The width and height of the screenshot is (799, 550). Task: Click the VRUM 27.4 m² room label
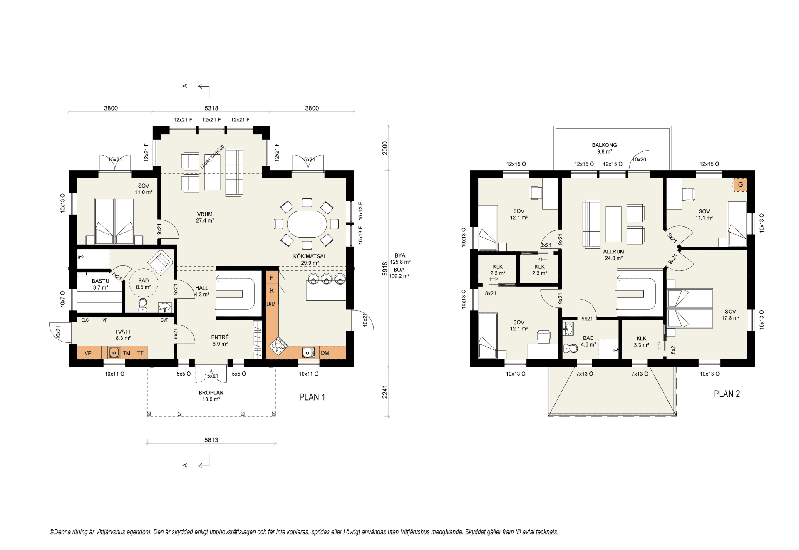pos(205,217)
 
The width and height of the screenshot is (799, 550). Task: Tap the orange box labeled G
pos(740,185)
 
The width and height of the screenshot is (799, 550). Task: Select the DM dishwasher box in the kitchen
pos(325,353)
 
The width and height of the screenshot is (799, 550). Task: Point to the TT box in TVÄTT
pos(140,353)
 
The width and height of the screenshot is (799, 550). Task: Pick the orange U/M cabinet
pos(271,304)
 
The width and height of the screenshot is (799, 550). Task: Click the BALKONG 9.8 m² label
pos(605,148)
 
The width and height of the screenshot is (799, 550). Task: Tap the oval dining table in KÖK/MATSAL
pos(307,224)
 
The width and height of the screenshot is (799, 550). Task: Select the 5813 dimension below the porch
pos(211,440)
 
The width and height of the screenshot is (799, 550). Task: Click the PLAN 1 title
pos(312,397)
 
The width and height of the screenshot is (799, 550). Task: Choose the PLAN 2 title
pos(727,394)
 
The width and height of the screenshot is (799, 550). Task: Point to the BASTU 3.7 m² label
pos(100,284)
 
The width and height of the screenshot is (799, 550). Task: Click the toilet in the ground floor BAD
pos(143,305)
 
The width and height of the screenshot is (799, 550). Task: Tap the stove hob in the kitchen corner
pos(278,345)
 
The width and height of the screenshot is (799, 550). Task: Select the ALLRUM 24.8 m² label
pos(614,255)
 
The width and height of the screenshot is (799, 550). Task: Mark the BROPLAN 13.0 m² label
pos(211,396)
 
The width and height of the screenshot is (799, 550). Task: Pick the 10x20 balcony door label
pos(639,159)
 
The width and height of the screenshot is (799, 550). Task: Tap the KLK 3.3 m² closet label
pos(641,342)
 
